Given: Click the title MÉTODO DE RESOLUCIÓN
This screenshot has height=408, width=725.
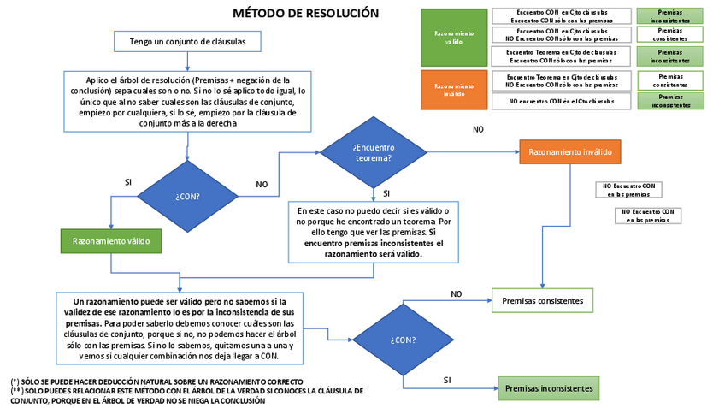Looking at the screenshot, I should tap(305, 13).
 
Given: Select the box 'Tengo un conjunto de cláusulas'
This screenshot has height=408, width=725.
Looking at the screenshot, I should tap(186, 41).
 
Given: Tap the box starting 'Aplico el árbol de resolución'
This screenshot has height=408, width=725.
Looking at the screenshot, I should tap(186, 100).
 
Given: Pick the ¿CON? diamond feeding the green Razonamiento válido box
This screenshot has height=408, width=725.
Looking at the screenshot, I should tap(187, 196).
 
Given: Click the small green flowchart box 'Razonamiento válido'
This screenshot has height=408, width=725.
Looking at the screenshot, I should tap(110, 241).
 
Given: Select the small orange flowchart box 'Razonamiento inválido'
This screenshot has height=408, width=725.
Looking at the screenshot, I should tap(569, 152).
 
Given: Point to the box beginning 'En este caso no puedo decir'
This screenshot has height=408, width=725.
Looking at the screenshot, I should tap(373, 232).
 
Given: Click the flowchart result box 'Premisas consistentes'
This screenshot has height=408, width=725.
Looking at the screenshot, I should tap(542, 300).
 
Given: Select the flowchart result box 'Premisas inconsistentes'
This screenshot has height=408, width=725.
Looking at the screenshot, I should tap(548, 388).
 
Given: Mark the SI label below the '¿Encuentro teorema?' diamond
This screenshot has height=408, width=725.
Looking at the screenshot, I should tap(386, 193).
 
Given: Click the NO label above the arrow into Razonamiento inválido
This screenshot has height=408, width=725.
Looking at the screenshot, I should tap(478, 129).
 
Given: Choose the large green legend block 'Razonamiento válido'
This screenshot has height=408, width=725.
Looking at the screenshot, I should tap(453, 38).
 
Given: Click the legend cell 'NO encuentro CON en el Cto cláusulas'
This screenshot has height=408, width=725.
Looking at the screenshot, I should tap(561, 101).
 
